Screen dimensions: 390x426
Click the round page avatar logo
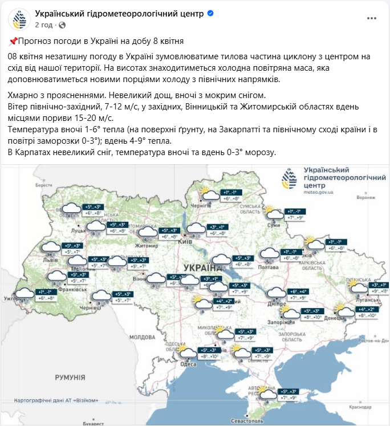(19, 19)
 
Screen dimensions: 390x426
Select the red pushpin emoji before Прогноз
(13, 41)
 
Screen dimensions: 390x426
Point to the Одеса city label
(188, 364)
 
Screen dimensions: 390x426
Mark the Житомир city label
(145, 246)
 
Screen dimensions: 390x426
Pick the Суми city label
(274, 225)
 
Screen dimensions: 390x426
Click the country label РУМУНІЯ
(70, 377)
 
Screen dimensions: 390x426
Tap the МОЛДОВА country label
(143, 337)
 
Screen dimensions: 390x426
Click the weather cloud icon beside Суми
(275, 213)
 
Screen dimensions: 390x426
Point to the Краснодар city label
(361, 407)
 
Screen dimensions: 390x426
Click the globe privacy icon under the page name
(62, 25)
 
